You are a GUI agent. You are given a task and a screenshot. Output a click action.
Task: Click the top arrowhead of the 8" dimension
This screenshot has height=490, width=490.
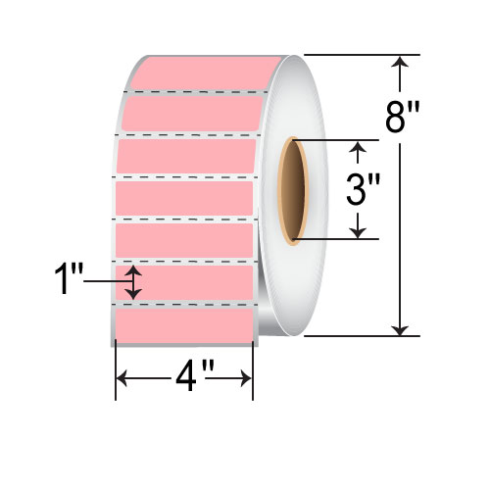400,62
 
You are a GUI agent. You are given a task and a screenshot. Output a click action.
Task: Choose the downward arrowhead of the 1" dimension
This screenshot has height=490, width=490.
136,294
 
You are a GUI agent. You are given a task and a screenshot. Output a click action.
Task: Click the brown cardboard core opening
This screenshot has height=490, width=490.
292,191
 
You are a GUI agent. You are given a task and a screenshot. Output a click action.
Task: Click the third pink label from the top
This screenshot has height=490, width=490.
186,155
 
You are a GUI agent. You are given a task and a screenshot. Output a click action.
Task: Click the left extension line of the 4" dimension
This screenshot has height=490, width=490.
116,372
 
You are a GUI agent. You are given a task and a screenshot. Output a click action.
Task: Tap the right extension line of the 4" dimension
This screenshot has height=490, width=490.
254,372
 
